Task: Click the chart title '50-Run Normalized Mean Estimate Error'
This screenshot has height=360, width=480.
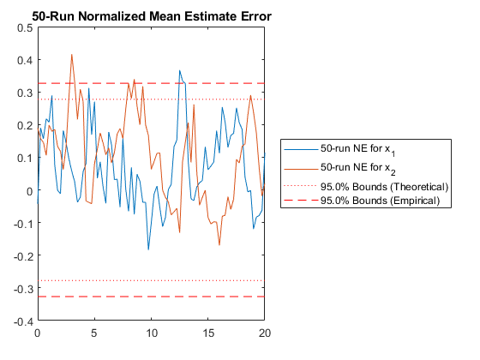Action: coord(152,16)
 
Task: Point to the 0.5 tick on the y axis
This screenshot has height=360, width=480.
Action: coord(25,27)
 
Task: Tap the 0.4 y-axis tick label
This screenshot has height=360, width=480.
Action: coord(25,60)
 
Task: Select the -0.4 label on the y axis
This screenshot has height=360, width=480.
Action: coord(23,321)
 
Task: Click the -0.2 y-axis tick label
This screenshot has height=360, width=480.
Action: coord(23,256)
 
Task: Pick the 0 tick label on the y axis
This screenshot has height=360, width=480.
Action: coord(29,191)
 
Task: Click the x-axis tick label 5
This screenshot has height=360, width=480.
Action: coord(94,333)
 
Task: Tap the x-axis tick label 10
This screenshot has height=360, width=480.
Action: coord(151,333)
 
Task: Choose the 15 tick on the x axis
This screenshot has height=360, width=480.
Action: coord(207,333)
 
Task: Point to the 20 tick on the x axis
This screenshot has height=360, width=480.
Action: coord(265,333)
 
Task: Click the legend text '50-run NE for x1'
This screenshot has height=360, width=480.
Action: coord(358,150)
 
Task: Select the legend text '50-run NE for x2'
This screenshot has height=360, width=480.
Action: coord(358,169)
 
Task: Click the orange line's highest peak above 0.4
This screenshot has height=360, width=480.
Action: coord(72,55)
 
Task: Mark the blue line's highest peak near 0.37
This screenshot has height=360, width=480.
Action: coord(180,70)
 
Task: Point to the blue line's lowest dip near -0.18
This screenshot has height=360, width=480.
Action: coord(148,249)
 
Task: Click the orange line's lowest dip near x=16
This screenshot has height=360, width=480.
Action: coord(219,245)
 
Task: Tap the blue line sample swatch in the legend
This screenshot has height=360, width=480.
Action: coord(301,150)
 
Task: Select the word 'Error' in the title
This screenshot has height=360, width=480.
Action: coord(256,16)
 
